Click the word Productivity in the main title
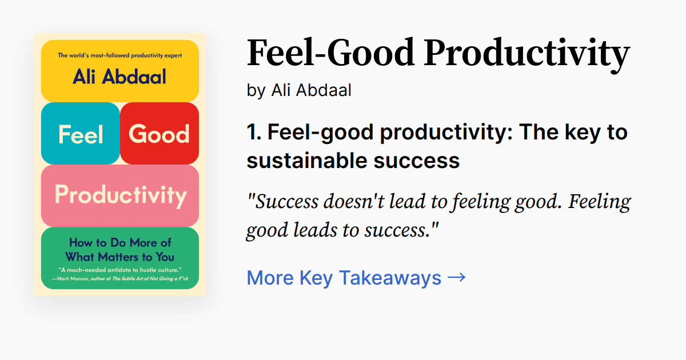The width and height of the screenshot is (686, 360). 528,53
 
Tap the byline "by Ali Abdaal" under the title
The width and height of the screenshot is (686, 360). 299,90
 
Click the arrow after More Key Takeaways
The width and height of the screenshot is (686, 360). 456,278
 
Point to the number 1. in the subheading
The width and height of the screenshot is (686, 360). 254,133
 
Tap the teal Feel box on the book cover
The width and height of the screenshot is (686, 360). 80,134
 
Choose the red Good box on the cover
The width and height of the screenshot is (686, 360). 159,134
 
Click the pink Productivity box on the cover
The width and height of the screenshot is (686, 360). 120,195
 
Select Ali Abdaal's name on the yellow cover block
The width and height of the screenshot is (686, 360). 119,77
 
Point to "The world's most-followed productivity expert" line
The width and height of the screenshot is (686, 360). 119,56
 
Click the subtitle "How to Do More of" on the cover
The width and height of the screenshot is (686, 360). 120,243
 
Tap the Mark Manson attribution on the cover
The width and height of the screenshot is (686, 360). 120,279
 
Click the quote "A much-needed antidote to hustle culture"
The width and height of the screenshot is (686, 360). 120,269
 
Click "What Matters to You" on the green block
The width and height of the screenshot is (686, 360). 120,257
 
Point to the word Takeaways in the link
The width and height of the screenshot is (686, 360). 391,278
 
